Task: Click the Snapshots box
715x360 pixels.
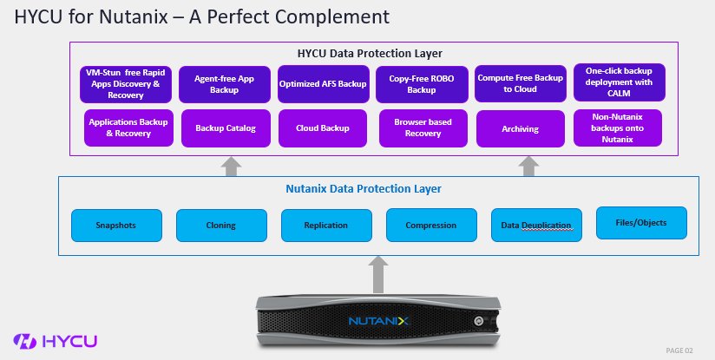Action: click(x=116, y=226)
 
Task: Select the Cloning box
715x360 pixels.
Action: click(x=221, y=226)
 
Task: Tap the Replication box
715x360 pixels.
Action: click(x=325, y=226)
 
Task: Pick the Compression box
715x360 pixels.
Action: click(x=431, y=226)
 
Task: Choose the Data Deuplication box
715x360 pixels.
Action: click(x=536, y=226)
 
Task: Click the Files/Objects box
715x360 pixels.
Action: click(x=642, y=223)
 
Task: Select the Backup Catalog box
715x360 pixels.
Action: click(x=226, y=128)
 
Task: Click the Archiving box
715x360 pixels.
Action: click(x=520, y=128)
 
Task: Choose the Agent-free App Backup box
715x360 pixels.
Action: click(x=221, y=84)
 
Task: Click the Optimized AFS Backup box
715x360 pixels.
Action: click(x=323, y=84)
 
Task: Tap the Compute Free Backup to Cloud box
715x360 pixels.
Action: click(x=519, y=83)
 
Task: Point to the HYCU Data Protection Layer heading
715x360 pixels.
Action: click(x=376, y=54)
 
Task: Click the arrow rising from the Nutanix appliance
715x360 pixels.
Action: click(x=377, y=275)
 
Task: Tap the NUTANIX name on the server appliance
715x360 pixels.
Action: click(x=377, y=320)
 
